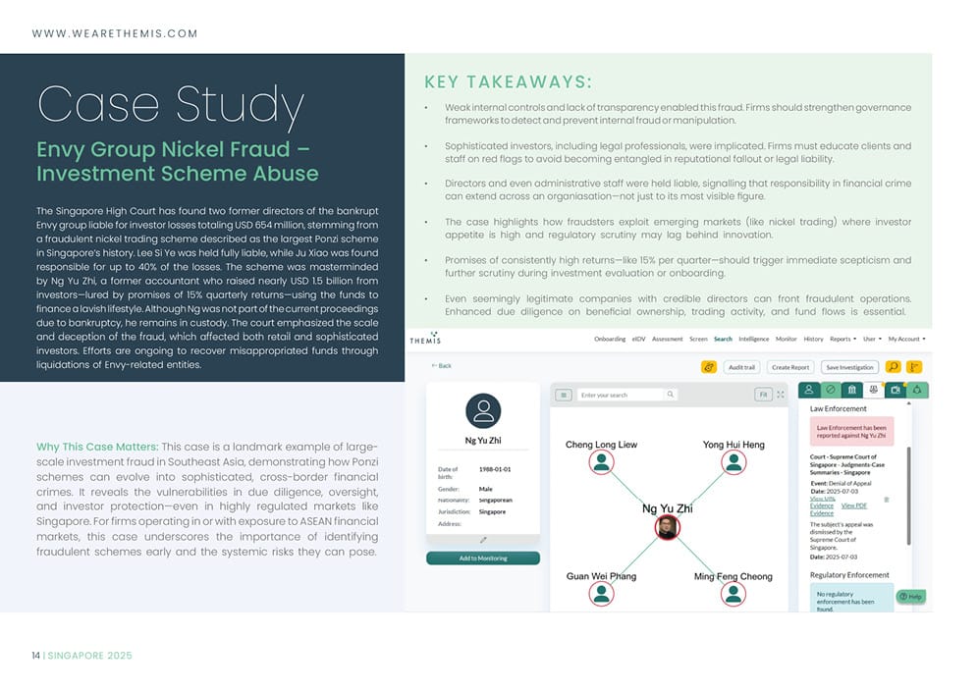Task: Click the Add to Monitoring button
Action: [x=482, y=558]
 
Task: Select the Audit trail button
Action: [x=741, y=367]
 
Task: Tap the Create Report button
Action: [x=790, y=367]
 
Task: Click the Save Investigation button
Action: [x=849, y=367]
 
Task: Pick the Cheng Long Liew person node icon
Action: [x=601, y=462]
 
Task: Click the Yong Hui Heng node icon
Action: [x=733, y=462]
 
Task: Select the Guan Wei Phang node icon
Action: [x=601, y=594]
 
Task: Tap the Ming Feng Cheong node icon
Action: [x=733, y=594]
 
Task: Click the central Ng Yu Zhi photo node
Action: [x=667, y=528]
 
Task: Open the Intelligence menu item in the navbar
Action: [x=753, y=339]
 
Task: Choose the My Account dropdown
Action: [x=906, y=339]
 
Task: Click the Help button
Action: [x=910, y=596]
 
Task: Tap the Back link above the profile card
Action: [x=442, y=365]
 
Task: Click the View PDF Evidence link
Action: [x=853, y=505]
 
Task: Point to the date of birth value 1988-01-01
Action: [x=494, y=469]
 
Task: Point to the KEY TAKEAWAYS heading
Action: [x=507, y=81]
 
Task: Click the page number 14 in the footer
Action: [x=35, y=655]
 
